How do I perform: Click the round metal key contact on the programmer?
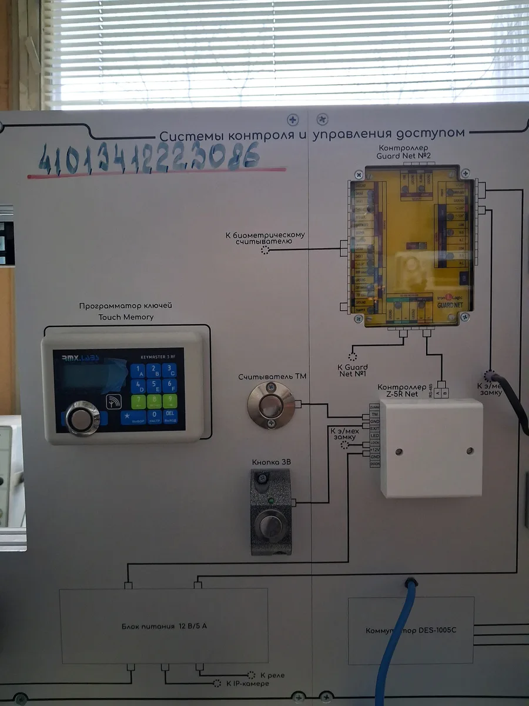[82, 418]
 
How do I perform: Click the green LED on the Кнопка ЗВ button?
[271, 502]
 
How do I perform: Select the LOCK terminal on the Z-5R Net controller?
[375, 443]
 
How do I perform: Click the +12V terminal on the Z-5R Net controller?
[375, 450]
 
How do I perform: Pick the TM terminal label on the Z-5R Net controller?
[375, 414]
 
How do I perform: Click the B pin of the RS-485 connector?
[445, 392]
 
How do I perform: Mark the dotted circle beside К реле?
[251, 675]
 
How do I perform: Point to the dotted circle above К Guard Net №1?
[353, 357]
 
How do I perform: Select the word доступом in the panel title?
[432, 134]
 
